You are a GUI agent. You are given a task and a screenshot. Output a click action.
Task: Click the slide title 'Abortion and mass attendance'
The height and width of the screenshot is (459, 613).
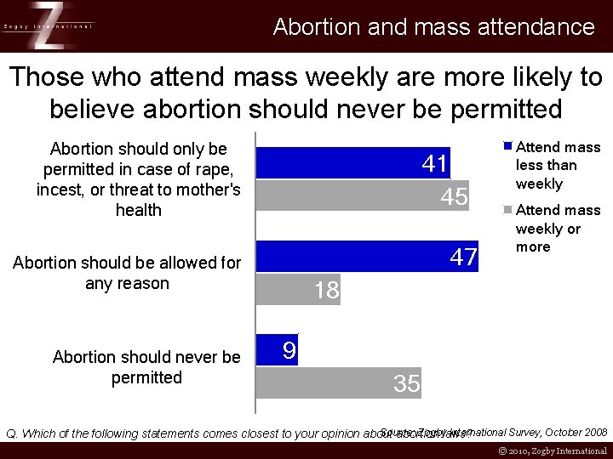coord(433,27)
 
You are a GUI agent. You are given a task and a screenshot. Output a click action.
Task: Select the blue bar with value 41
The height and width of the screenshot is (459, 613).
coord(353,163)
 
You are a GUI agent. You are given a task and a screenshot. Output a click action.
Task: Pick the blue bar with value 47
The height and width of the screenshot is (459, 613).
coord(369,257)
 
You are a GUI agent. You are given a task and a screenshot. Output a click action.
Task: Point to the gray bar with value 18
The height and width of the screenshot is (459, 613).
coord(298,290)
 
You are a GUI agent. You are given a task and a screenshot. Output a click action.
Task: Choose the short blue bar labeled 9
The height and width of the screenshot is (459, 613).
coord(278,349)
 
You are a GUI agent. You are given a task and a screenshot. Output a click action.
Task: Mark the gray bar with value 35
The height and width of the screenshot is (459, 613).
coord(339,383)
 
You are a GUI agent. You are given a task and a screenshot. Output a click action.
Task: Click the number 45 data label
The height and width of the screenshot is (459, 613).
coord(455,197)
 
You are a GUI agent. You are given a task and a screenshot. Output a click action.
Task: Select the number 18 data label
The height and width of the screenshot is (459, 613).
coord(326,291)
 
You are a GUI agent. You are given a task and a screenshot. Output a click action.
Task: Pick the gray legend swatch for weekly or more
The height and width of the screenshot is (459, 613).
coord(507,209)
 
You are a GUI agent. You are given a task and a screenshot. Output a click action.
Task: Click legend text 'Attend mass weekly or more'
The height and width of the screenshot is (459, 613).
coord(557,229)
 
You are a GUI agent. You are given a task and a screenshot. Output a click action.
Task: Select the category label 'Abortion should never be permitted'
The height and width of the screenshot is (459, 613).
coord(146,367)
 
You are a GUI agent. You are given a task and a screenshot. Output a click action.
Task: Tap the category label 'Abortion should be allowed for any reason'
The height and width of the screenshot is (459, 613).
coord(127,273)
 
